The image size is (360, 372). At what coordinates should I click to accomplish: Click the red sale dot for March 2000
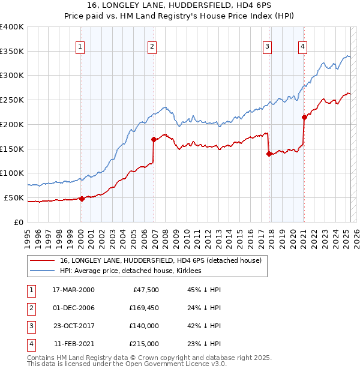pos(82,199)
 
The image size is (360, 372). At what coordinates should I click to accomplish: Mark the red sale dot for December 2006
pos(154,139)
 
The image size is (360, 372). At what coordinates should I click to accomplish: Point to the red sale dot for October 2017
pos(269,154)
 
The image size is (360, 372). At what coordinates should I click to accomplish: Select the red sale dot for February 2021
pos(304,117)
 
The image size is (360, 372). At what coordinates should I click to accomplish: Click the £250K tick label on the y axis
pos(12,100)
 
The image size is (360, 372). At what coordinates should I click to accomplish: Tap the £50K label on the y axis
pos(14,197)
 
